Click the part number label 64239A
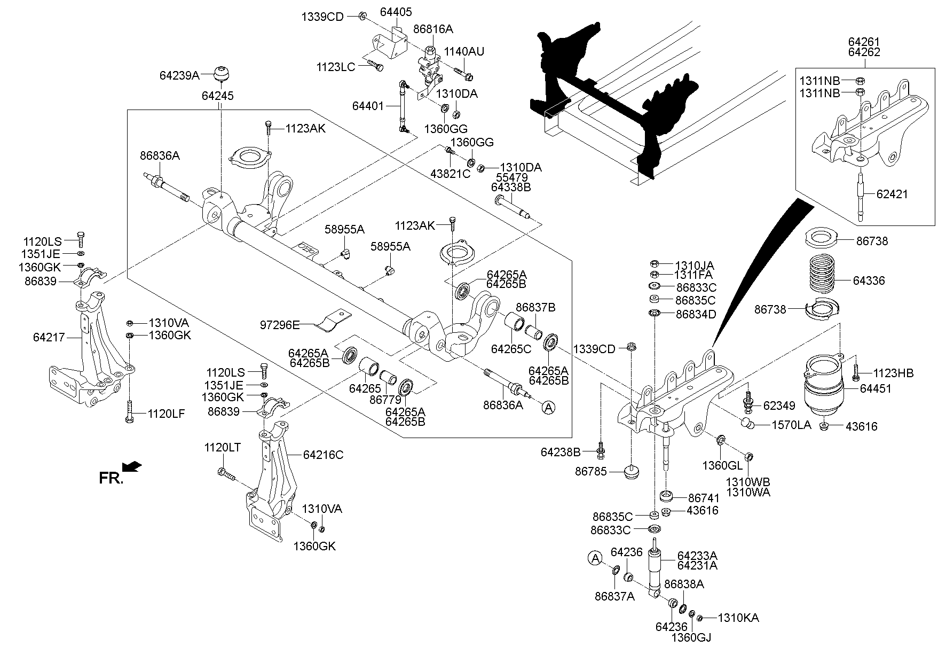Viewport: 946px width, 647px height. click(x=179, y=76)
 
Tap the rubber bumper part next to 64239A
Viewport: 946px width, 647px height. click(x=222, y=73)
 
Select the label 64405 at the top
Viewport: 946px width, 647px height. click(x=396, y=12)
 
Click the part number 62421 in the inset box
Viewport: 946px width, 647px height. click(x=892, y=194)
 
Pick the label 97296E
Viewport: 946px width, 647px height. click(x=280, y=324)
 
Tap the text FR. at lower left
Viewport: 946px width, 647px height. click(x=111, y=478)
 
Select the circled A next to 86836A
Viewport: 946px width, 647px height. click(x=548, y=408)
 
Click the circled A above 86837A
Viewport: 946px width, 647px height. click(x=595, y=559)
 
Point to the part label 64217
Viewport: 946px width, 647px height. click(x=49, y=337)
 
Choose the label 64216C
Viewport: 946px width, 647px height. click(x=323, y=455)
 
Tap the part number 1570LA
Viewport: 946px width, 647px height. click(x=792, y=425)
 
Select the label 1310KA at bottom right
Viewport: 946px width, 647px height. click(x=738, y=618)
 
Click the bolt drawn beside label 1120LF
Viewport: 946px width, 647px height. click(x=130, y=411)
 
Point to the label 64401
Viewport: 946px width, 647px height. click(x=368, y=106)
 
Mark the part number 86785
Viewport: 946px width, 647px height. click(x=591, y=472)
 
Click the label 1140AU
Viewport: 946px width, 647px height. click(x=464, y=52)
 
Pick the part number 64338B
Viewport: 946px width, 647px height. click(x=510, y=188)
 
